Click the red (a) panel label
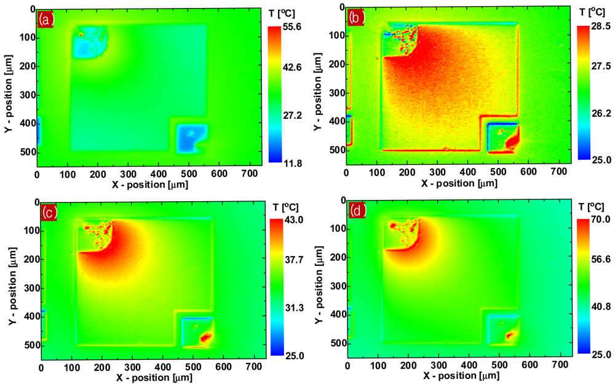(46, 20)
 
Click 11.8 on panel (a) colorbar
(290, 162)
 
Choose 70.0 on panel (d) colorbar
(597, 220)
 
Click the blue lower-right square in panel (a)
(191, 138)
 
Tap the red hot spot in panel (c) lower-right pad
(205, 337)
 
